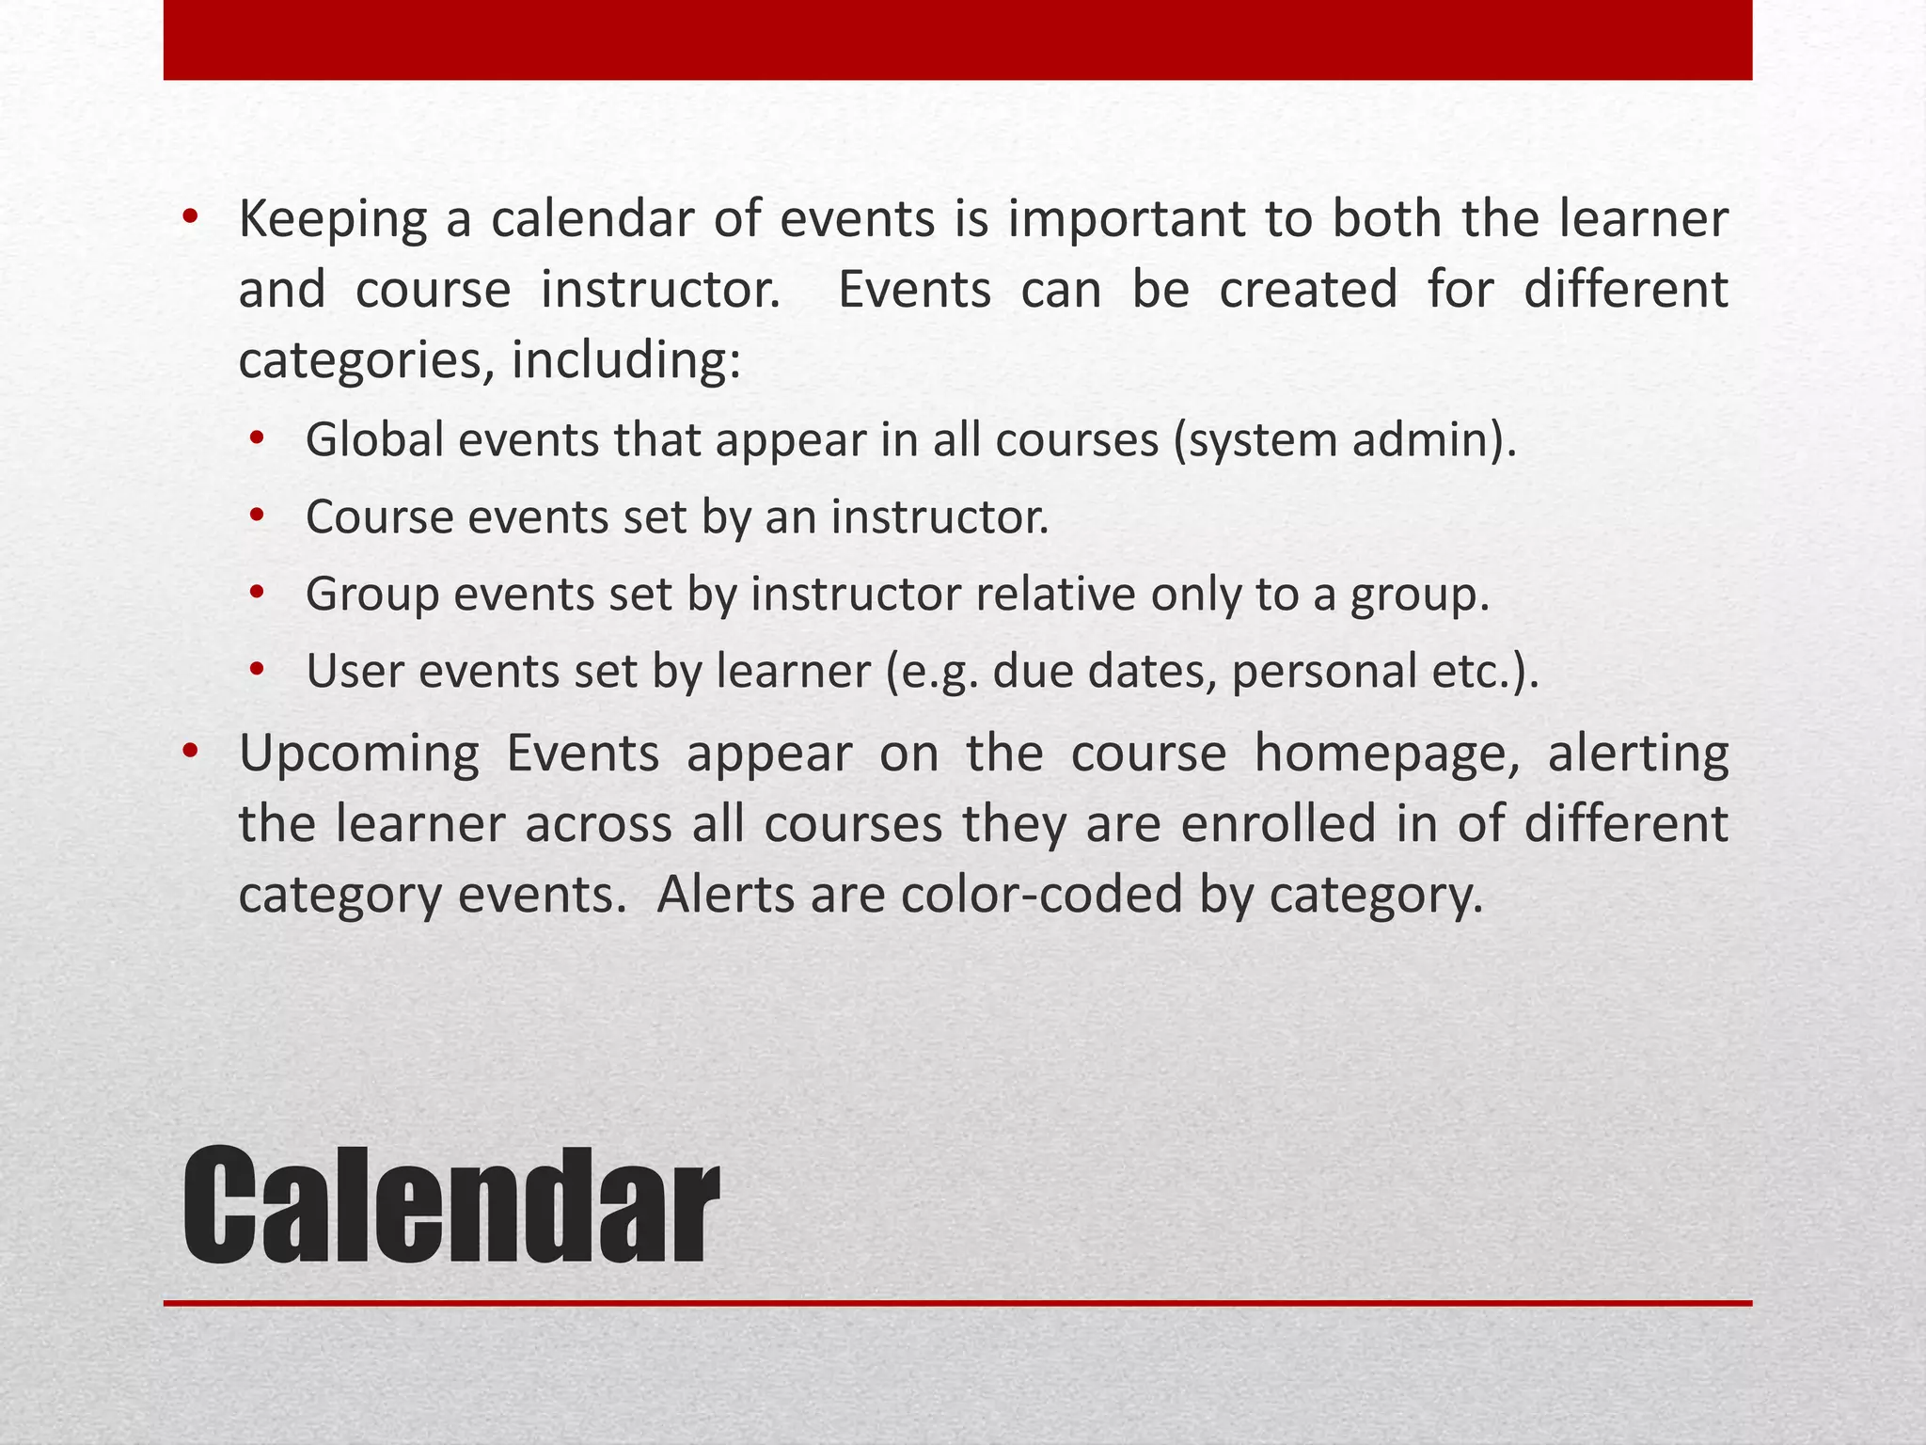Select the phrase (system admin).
[x=1345, y=440]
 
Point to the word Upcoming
[x=358, y=754]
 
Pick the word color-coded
[x=1041, y=895]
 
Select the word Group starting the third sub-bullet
[x=372, y=595]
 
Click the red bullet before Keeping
[x=191, y=218]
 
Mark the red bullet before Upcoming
[x=191, y=753]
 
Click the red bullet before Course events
[x=258, y=516]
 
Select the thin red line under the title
[x=957, y=1303]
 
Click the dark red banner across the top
[x=957, y=40]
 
